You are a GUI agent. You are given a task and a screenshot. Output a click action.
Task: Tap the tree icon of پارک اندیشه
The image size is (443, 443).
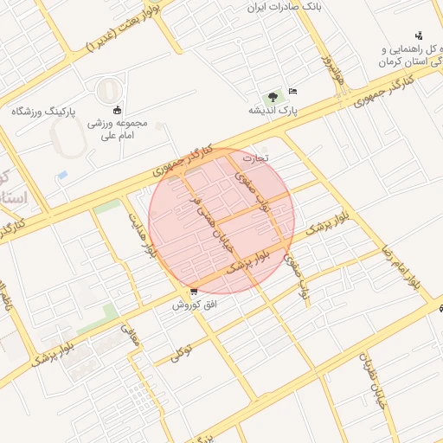[273, 96]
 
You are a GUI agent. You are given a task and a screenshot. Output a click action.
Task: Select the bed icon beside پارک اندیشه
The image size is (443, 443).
[293, 91]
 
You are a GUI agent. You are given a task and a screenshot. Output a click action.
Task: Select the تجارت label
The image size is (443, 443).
[255, 159]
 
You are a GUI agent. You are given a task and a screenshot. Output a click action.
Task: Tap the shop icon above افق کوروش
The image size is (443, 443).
[193, 292]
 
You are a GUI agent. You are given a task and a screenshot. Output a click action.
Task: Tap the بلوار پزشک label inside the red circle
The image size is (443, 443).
[251, 263]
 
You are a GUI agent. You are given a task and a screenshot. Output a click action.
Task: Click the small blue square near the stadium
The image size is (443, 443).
[61, 175]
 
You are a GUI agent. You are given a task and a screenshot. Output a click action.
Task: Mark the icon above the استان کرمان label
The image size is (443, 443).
[419, 35]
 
